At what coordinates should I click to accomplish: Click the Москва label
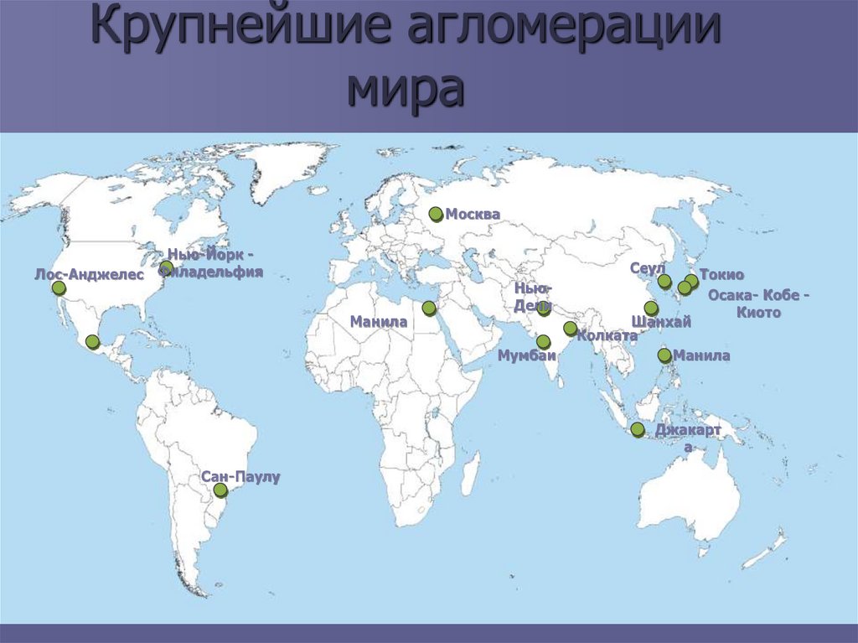coord(473,215)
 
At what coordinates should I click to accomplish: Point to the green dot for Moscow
coord(436,214)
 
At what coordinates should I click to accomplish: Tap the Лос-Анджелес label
coord(90,273)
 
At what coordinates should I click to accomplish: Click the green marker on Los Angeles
coord(59,288)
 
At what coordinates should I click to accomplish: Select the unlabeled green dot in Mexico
coord(92,341)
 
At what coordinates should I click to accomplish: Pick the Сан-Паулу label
coord(240,476)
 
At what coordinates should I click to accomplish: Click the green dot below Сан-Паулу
coord(220,490)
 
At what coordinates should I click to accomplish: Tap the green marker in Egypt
coord(429,308)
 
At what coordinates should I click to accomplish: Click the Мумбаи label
coord(527,355)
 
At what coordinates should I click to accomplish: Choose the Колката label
coord(607,335)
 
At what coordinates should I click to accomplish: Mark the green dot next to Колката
coord(571,329)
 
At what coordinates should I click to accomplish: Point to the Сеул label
coord(647,267)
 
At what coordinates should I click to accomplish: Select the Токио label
coord(721,275)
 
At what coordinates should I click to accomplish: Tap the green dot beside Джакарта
coord(638,430)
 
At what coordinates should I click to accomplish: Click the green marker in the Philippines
coord(664,355)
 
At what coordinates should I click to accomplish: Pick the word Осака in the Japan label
coord(730,295)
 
